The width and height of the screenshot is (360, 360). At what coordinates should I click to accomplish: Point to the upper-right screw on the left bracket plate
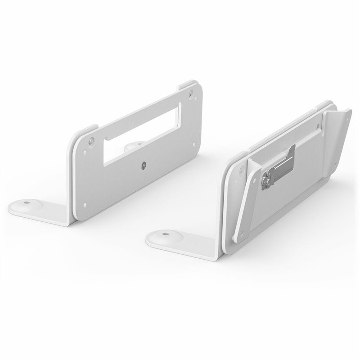click(x=192, y=94)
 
